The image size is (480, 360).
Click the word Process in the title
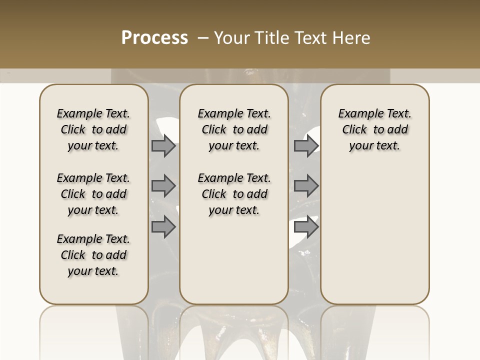pyautogui.click(x=154, y=38)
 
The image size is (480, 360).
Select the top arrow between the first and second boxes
pyautogui.click(x=163, y=146)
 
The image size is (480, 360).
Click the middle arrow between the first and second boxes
pyautogui.click(x=163, y=186)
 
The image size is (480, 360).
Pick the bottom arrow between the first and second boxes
pyautogui.click(x=163, y=227)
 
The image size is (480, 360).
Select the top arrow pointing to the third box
pyautogui.click(x=306, y=146)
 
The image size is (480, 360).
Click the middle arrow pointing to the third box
pyautogui.click(x=306, y=186)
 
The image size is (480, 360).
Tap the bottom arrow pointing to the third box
pyautogui.click(x=306, y=227)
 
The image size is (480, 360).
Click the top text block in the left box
pyautogui.click(x=93, y=129)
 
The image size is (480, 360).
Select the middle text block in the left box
pyautogui.click(x=93, y=194)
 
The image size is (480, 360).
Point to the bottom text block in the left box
pyautogui.click(x=93, y=255)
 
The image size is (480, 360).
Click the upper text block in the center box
pyautogui.click(x=234, y=129)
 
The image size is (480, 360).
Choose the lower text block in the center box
pyautogui.click(x=234, y=194)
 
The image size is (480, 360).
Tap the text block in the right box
pyautogui.click(x=375, y=129)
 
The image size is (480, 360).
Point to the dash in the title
pyautogui.click(x=203, y=38)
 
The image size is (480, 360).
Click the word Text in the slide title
pyautogui.click(x=311, y=38)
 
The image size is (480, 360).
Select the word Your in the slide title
pyautogui.click(x=232, y=38)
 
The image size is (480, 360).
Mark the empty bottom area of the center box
pyautogui.click(x=234, y=265)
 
